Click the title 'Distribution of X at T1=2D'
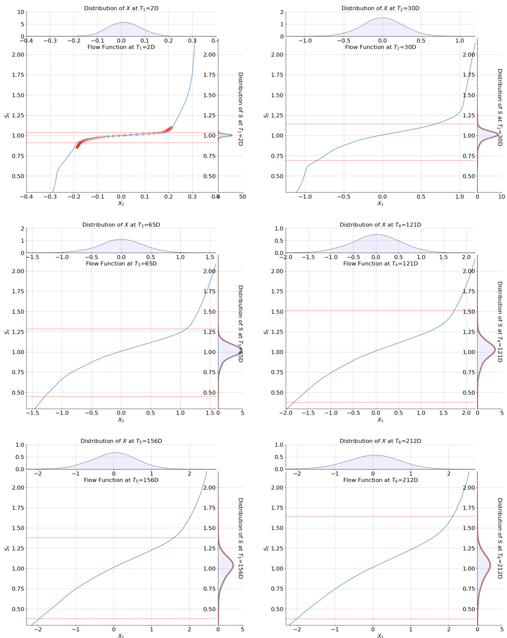121,8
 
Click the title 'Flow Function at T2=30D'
380,47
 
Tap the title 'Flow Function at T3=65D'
121,263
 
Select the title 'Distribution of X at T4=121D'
380,225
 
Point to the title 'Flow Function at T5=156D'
121,480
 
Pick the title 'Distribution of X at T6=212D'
380,441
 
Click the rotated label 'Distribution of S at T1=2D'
240,109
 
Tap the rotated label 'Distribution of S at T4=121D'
500,322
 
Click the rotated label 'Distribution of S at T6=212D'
500,538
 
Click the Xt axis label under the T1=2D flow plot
121,204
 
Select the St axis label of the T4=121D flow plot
266,332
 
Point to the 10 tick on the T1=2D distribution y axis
19,12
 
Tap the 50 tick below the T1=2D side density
243,197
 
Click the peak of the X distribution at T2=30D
382,18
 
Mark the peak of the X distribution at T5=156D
115,453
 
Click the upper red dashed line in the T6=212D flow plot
380,516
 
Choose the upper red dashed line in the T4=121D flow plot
380,310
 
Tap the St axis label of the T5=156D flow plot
7,548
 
